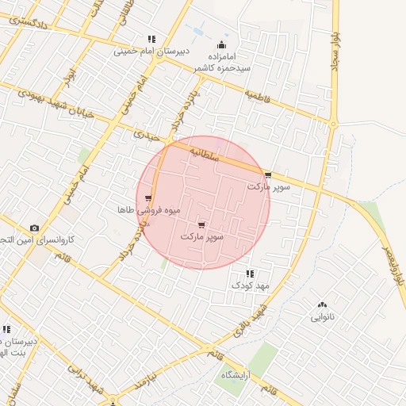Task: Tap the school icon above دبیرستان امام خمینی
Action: coord(151,40)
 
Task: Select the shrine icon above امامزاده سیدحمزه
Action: coord(221,45)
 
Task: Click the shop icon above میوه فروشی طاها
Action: coord(148,198)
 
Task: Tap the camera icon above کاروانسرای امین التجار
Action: coord(33,228)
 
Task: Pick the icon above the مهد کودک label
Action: coord(251,274)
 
